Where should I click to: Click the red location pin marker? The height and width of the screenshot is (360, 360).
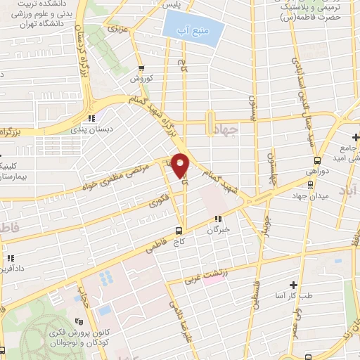pyautogui.click(x=181, y=165)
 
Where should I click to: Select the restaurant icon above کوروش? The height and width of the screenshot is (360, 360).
pyautogui.click(x=143, y=67)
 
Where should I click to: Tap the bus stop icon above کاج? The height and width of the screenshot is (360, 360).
pyautogui.click(x=179, y=230)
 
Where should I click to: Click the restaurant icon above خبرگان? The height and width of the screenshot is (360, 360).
pyautogui.click(x=219, y=219)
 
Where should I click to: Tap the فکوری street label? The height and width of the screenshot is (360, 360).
pyautogui.click(x=157, y=204)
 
